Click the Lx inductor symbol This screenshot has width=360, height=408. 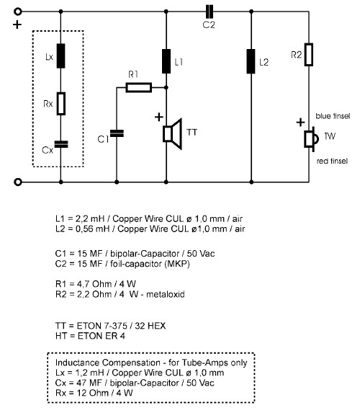tap(60, 56)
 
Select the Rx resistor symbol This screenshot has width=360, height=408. tap(61, 104)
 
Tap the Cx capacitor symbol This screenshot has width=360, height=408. tap(61, 144)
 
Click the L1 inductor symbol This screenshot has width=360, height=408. tap(166, 61)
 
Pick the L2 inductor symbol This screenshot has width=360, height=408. tap(251, 61)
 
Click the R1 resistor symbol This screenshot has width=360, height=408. tap(139, 87)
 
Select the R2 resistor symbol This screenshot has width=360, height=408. tap(309, 55)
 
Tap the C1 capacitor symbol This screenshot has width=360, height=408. tap(117, 133)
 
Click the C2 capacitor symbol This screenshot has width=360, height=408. tap(210, 12)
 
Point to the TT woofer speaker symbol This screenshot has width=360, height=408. tap(172, 134)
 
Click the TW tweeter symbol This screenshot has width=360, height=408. tap(311, 139)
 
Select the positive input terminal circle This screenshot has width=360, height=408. tap(18, 12)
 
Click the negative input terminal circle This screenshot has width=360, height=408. tap(18, 182)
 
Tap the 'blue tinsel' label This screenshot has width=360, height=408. tap(333, 116)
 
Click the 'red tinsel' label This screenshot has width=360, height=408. tap(332, 161)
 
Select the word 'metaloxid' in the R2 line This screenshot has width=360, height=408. tap(166, 294)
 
